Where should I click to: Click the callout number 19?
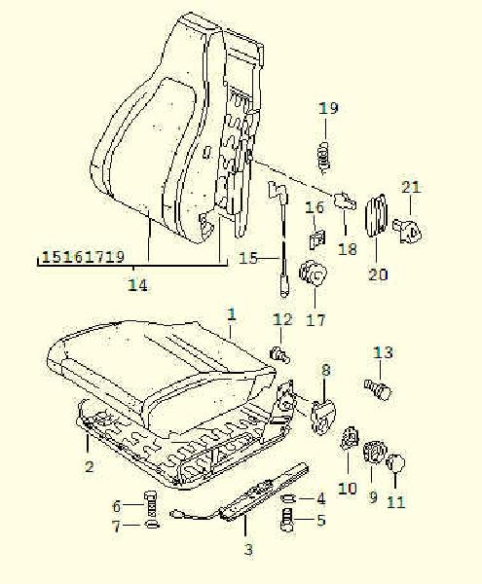click(328, 108)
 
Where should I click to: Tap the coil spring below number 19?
click(325, 157)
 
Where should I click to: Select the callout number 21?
click(411, 187)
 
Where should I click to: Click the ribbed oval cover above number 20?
click(376, 216)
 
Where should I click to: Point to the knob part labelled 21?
click(408, 231)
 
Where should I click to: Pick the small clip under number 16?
click(317, 238)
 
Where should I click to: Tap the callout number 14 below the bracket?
click(138, 285)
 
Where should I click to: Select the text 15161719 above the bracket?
click(83, 257)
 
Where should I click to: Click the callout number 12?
click(282, 319)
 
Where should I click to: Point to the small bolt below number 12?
click(279, 354)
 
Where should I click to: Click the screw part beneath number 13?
click(378, 389)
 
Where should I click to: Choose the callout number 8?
click(326, 370)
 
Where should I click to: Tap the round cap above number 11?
click(395, 462)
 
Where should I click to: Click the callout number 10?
click(348, 489)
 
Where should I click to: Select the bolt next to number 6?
click(151, 505)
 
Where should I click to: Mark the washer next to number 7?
click(152, 525)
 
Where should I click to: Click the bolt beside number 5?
click(287, 519)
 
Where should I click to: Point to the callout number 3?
click(248, 549)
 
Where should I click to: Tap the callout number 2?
click(89, 466)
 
